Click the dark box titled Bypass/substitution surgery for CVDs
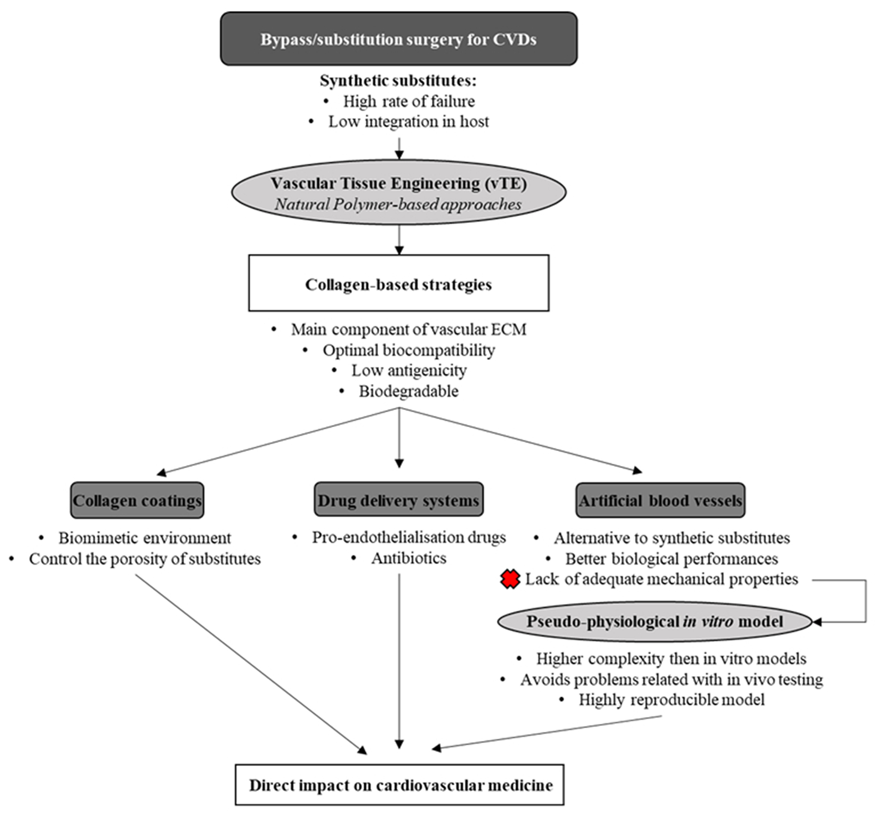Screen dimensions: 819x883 [x=398, y=39]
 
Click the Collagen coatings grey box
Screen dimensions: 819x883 [x=137, y=500]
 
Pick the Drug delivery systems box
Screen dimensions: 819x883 [x=398, y=500]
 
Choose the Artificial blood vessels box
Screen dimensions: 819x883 [x=660, y=500]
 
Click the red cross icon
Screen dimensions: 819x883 [x=510, y=579]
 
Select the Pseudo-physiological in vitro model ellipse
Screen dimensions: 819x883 [x=654, y=622]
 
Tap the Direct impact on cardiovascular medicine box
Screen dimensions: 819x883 [x=400, y=785]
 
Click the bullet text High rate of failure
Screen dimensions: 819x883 [x=408, y=101]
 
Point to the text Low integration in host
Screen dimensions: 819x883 [x=408, y=122]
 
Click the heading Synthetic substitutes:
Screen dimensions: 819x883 [x=398, y=80]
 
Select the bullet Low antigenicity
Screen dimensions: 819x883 [x=409, y=370]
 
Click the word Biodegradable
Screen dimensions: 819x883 [x=408, y=391]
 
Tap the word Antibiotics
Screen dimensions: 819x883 [x=408, y=558]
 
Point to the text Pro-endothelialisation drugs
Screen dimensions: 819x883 [x=408, y=537]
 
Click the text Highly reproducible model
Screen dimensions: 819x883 [x=671, y=700]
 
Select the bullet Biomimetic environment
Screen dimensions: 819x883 [x=145, y=538]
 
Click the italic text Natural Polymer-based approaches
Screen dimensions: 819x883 [x=398, y=204]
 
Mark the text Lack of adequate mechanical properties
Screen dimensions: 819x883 [x=661, y=579]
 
